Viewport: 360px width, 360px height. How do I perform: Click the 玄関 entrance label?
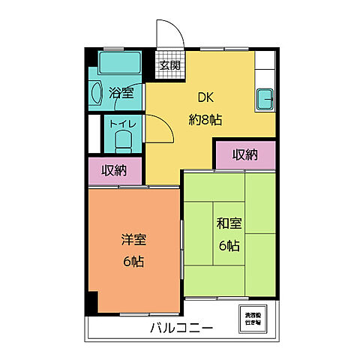tap(169, 65)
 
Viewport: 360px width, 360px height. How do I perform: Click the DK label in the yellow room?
tap(205, 97)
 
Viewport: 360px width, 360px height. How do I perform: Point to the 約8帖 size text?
tap(205, 118)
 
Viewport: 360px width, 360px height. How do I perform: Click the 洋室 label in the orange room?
tap(134, 240)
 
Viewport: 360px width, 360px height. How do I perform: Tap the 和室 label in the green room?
tap(229, 223)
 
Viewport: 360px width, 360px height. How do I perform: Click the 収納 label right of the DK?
tap(244, 154)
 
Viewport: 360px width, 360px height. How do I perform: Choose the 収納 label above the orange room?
tap(115, 170)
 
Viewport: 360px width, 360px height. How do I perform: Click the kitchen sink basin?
tap(265, 98)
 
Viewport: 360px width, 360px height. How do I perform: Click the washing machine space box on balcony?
tap(252, 317)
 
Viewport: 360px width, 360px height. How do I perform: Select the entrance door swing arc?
tap(166, 34)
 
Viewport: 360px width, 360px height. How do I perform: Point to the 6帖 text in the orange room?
tap(134, 261)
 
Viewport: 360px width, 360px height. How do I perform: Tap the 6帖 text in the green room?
tap(229, 244)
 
